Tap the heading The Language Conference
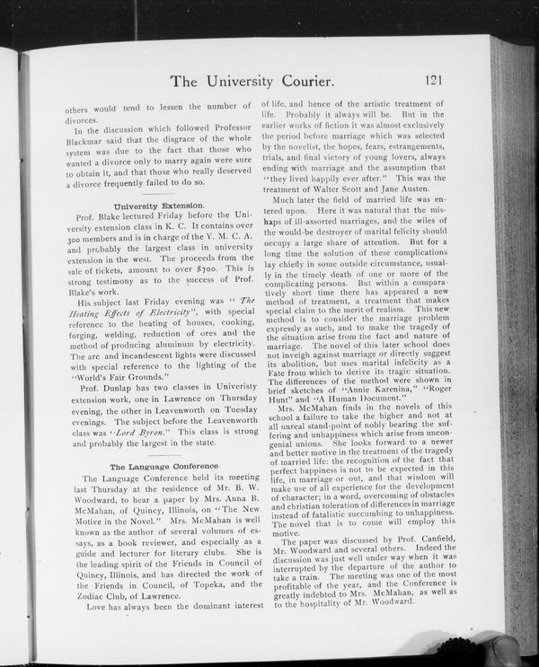click(163, 467)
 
